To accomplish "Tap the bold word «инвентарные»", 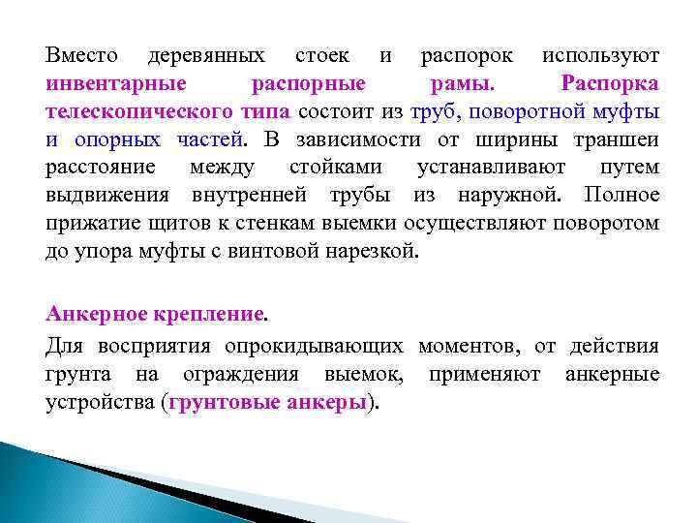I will coord(114,84).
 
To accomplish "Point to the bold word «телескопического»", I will coord(125,112).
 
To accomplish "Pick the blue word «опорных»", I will coord(118,140).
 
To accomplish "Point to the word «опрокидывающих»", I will coord(318,346).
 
